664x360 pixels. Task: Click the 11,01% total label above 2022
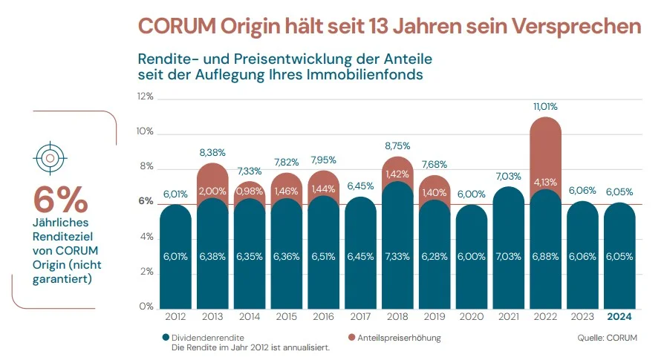tap(546, 107)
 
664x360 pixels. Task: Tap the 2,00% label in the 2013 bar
tap(212, 191)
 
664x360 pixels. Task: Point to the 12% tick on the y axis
tap(145, 97)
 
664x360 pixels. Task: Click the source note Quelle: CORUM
tap(606, 338)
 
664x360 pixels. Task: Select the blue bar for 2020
tap(472, 256)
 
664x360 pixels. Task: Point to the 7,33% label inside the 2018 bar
tap(398, 256)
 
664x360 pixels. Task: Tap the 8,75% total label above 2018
tap(398, 146)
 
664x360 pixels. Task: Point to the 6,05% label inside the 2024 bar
tap(620, 256)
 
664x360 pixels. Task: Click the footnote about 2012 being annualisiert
tap(250, 347)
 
